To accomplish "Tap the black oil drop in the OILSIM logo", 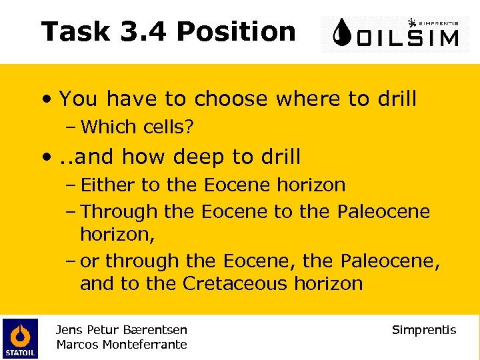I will tap(343, 33).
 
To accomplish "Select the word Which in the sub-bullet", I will tap(105, 127).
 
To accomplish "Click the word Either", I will tap(106, 185).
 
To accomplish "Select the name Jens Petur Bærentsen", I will tap(122, 329).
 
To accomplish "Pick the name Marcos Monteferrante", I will tap(122, 344).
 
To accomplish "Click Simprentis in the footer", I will tap(424, 329).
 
